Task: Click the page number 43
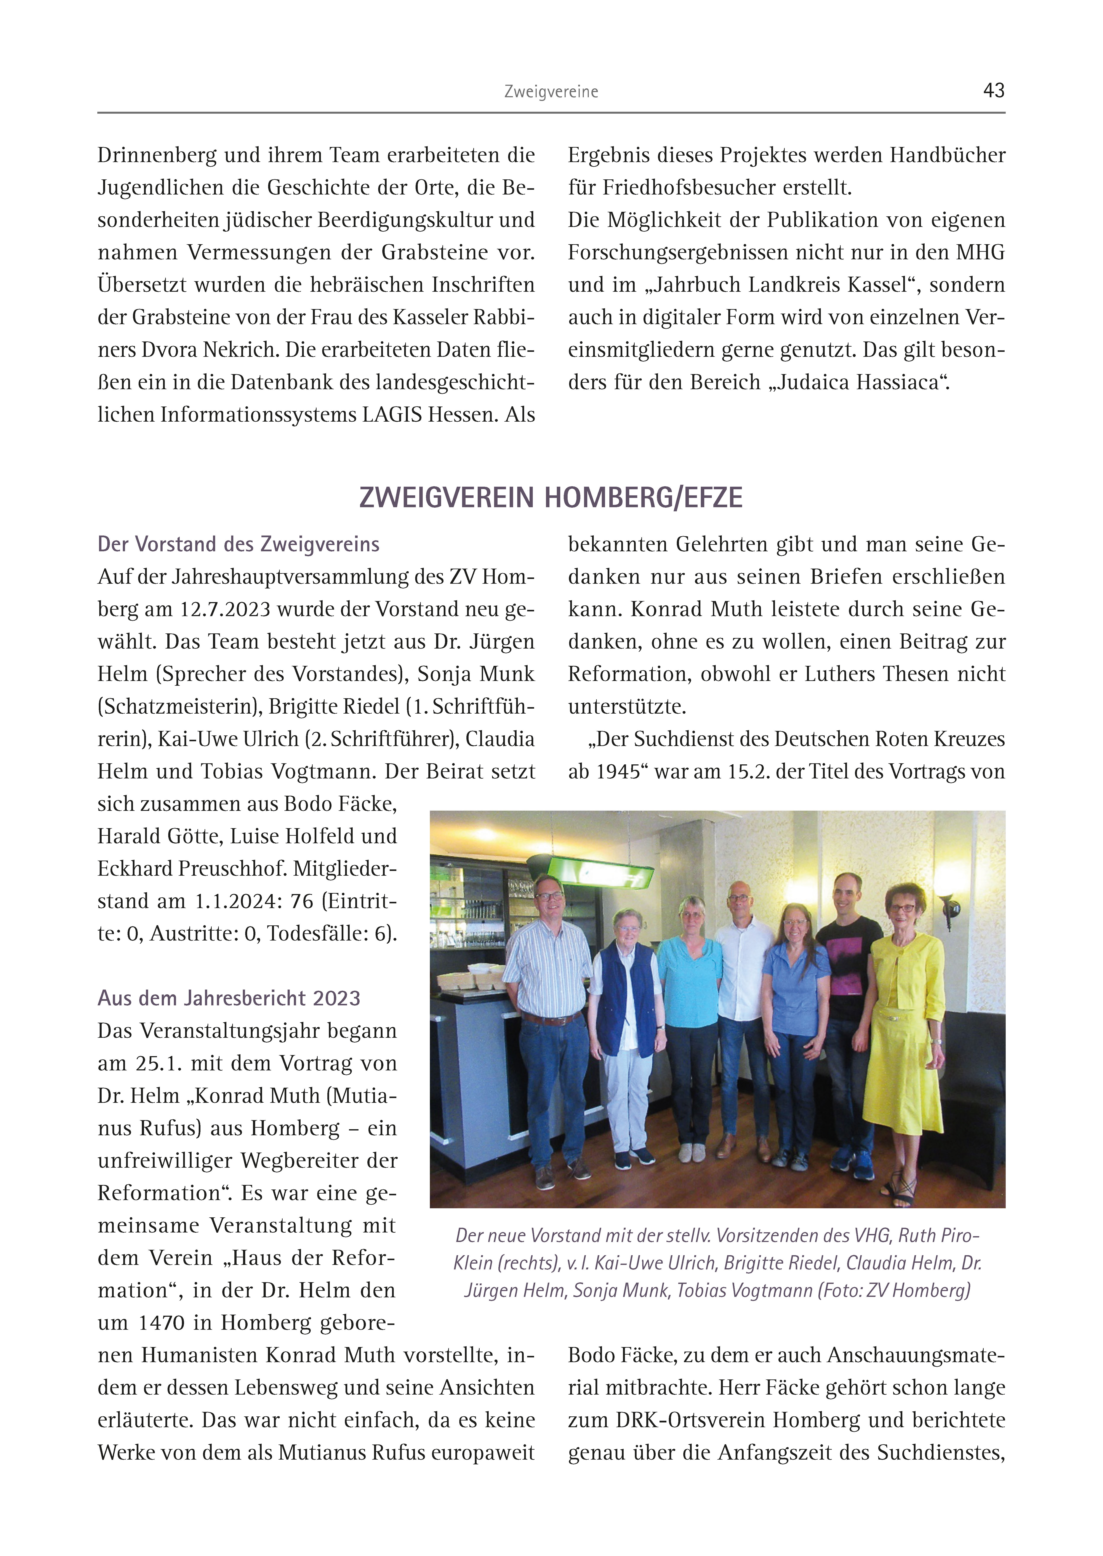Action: pyautogui.click(x=994, y=90)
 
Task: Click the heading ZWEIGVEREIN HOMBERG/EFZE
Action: pyautogui.click(x=551, y=498)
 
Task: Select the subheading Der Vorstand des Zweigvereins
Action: pyautogui.click(x=238, y=544)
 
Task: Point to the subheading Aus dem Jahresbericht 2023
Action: pyautogui.click(x=229, y=998)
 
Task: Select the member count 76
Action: pyautogui.click(x=302, y=901)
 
